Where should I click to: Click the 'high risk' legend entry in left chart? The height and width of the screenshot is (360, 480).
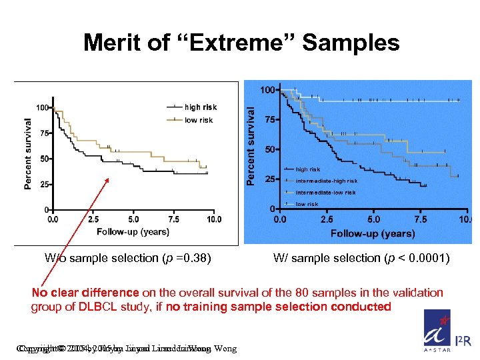pyautogui.click(x=199, y=107)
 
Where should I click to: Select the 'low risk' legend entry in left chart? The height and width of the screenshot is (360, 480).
pyautogui.click(x=198, y=120)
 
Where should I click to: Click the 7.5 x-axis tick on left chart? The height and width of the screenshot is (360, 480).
pyautogui.click(x=173, y=218)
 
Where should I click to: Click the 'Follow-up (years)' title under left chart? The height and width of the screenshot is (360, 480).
pyautogui.click(x=133, y=231)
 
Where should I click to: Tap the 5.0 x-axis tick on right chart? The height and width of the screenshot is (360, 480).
pyautogui.click(x=373, y=219)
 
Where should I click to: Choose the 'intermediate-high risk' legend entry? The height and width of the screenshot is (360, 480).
pyautogui.click(x=326, y=181)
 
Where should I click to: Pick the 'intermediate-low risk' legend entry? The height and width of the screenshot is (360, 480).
pyautogui.click(x=325, y=193)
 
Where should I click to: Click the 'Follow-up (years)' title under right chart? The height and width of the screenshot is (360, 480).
pyautogui.click(x=373, y=233)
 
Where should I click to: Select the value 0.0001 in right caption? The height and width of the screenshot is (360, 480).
pyautogui.click(x=427, y=258)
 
